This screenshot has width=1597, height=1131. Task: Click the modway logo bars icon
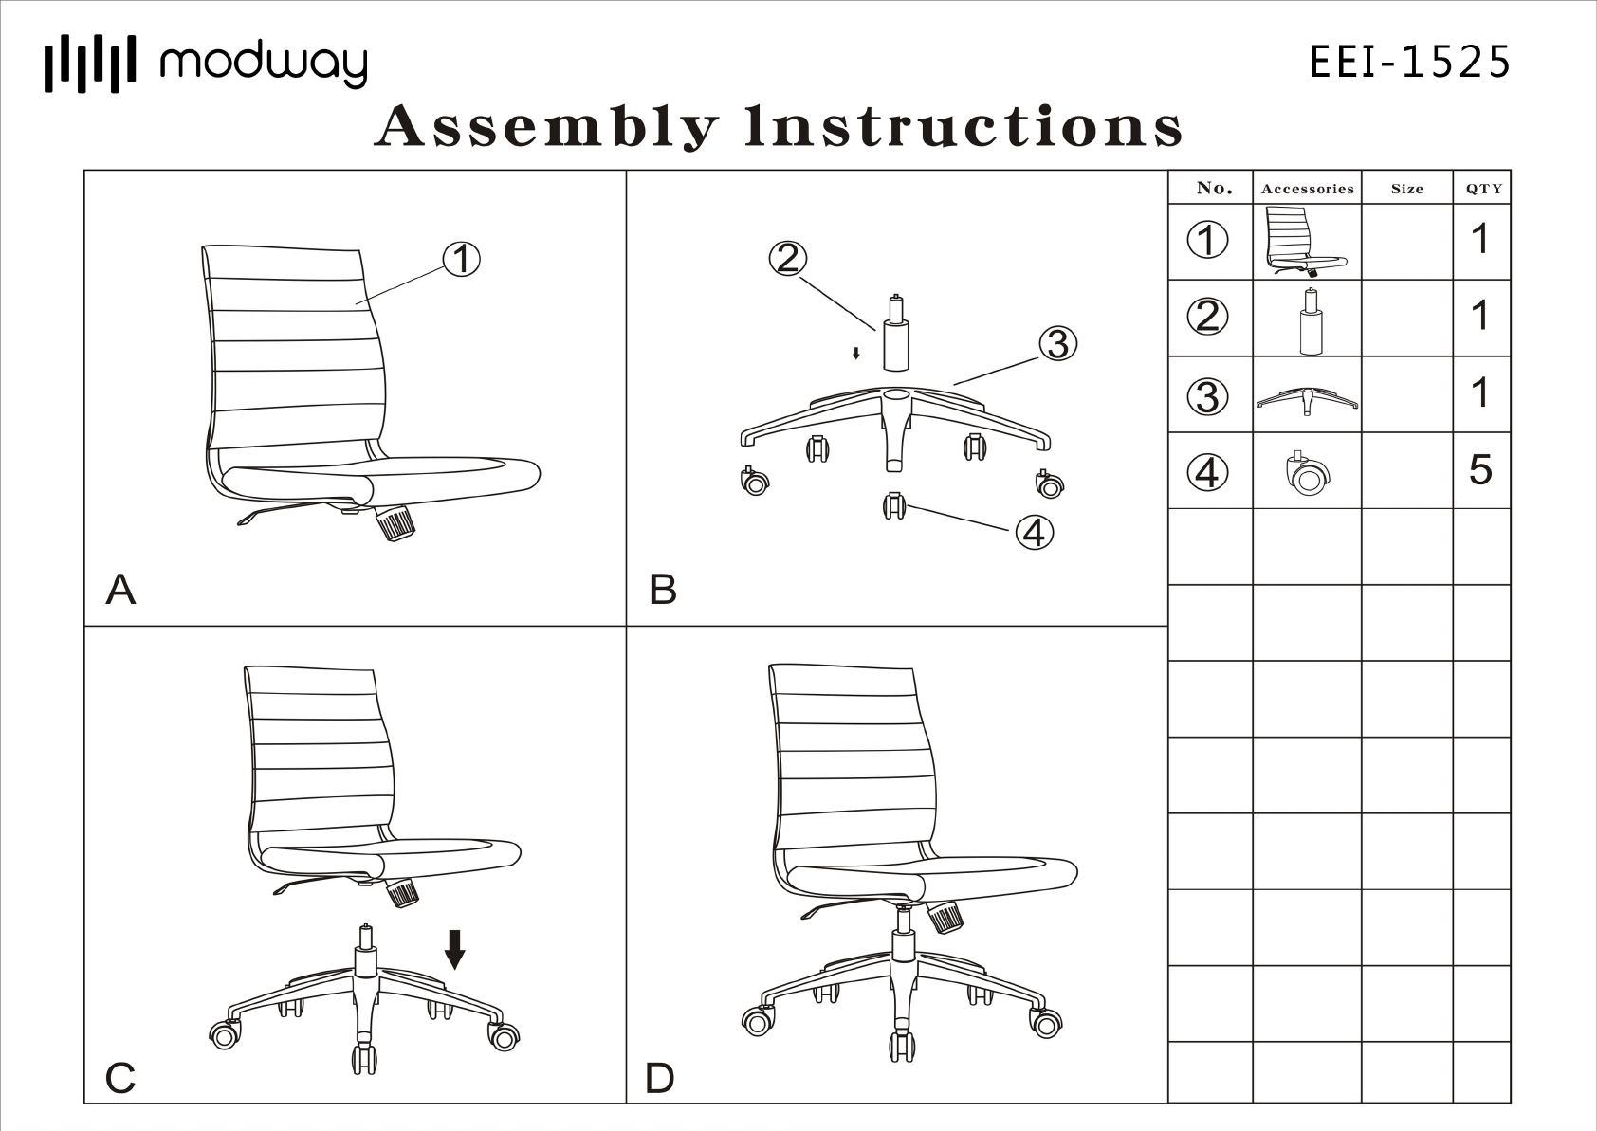pos(90,64)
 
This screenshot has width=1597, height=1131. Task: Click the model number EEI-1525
pos(1409,63)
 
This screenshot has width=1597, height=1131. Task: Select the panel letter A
pos(120,590)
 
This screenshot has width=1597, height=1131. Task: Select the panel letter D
pos(660,1078)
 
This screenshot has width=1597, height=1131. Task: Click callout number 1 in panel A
pos(462,259)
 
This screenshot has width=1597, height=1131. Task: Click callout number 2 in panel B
pos(788,258)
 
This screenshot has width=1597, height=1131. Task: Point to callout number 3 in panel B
pos(1058,343)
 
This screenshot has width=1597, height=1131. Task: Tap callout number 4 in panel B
pos(1035,532)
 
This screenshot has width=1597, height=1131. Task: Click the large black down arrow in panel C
pos(455,948)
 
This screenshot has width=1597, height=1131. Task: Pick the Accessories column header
pos(1307,189)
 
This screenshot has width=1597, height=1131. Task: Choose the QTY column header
pos(1483,189)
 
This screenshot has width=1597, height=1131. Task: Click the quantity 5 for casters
pos(1480,470)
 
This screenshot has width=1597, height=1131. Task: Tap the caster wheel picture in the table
pos(1307,472)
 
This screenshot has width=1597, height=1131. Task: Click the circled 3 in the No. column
pos(1207,396)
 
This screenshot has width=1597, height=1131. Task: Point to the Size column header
pos(1407,189)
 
